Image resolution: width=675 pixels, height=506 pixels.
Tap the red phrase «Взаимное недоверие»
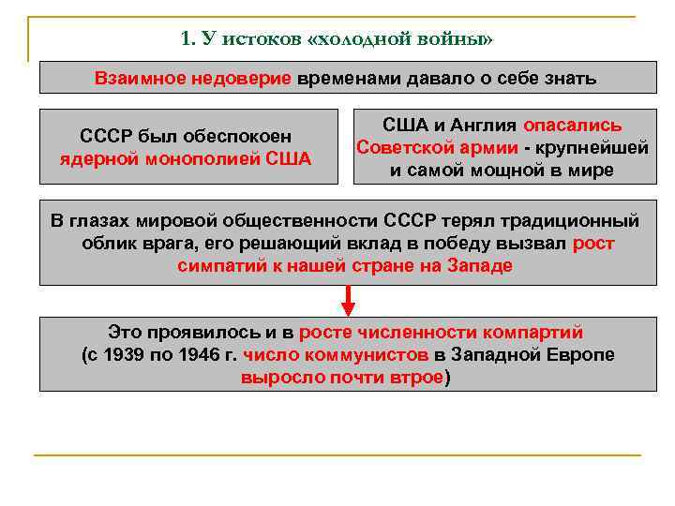193,78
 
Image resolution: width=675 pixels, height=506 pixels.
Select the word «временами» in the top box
341,78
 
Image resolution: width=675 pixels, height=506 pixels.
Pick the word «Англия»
477,126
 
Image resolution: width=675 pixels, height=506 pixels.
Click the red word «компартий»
540,333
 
